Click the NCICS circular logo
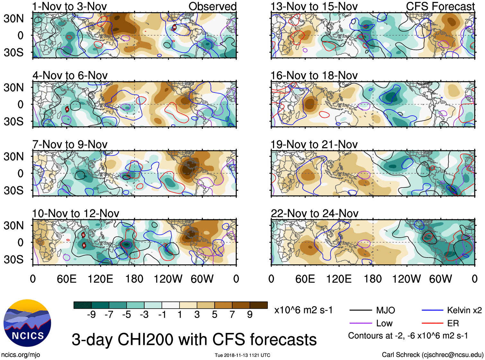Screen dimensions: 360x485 click(27, 323)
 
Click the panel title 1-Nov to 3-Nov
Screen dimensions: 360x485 click(69, 6)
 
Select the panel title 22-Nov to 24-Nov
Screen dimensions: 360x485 click(314, 214)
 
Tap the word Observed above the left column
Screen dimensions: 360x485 click(212, 6)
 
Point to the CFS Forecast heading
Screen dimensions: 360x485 click(440, 6)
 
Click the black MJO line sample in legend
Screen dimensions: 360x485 click(360, 310)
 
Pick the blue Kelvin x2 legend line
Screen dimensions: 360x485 click(433, 310)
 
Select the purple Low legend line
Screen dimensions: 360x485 click(360, 323)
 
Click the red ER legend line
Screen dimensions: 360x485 click(433, 323)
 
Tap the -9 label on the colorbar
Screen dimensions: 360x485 click(91, 315)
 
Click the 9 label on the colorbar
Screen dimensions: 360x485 click(250, 315)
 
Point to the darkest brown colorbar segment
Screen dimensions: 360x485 click(259, 305)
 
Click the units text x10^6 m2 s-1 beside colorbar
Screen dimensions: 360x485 click(303, 310)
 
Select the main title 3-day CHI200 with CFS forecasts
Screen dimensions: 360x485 click(194, 340)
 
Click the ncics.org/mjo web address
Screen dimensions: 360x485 click(21, 355)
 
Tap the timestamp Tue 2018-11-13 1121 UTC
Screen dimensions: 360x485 click(242, 355)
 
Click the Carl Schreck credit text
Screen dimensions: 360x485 click(432, 355)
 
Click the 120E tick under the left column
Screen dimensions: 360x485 click(101, 279)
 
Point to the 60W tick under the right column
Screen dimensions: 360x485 click(440, 279)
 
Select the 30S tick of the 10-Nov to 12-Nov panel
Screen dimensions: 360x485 click(14, 259)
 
